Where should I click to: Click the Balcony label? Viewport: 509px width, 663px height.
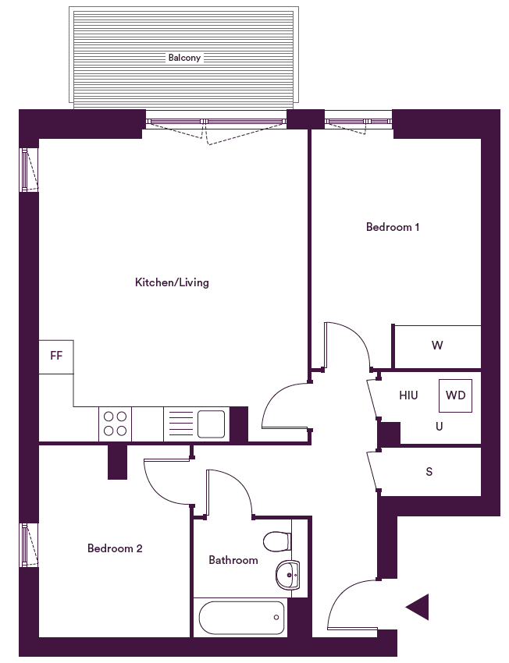pyautogui.click(x=184, y=58)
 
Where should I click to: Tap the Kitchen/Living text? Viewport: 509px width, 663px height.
pyautogui.click(x=172, y=282)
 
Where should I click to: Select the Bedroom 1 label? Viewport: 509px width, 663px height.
pyautogui.click(x=393, y=227)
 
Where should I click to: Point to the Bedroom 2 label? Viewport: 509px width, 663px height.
pyautogui.click(x=115, y=548)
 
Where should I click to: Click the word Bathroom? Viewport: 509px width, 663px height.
pyautogui.click(x=233, y=560)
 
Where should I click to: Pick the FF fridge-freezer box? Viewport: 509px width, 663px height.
pyautogui.click(x=56, y=357)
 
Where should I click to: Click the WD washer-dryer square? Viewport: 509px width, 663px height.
pyautogui.click(x=455, y=395)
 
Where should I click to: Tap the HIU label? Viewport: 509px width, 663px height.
pyautogui.click(x=408, y=395)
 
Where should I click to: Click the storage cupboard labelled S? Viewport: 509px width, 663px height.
pyautogui.click(x=429, y=471)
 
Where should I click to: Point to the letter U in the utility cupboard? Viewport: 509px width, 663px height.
pyautogui.click(x=440, y=426)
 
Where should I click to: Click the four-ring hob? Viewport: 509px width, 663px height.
pyautogui.click(x=115, y=424)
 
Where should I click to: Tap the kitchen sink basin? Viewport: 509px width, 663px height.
pyautogui.click(x=211, y=424)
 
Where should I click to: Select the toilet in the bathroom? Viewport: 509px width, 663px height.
pyautogui.click(x=277, y=541)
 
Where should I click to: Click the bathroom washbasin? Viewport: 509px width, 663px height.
pyautogui.click(x=288, y=575)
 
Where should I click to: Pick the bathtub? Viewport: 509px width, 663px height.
pyautogui.click(x=241, y=618)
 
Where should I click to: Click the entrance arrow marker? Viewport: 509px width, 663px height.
pyautogui.click(x=417, y=607)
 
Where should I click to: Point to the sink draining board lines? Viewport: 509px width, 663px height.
pyautogui.click(x=180, y=424)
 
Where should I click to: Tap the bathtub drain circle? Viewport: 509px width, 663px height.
pyautogui.click(x=276, y=618)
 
